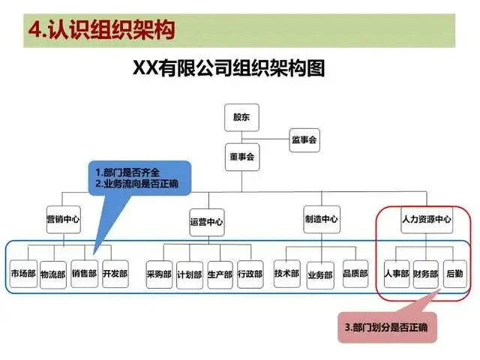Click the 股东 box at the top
pyautogui.click(x=241, y=117)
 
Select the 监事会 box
pyautogui.click(x=304, y=139)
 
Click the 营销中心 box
pyautogui.click(x=63, y=220)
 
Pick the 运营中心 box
pyautogui.click(x=206, y=221)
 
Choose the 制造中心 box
pyautogui.click(x=321, y=220)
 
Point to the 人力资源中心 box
pyautogui.click(x=426, y=220)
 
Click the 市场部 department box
pyautogui.click(x=23, y=274)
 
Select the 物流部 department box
pyautogui.click(x=53, y=274)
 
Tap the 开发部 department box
pyautogui.click(x=115, y=274)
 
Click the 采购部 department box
pyautogui.click(x=159, y=274)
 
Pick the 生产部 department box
pyautogui.click(x=220, y=274)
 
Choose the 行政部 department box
pyautogui.click(x=250, y=274)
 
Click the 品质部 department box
pyautogui.click(x=355, y=273)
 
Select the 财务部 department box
pyautogui.click(x=425, y=273)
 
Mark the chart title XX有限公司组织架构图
pyautogui.click(x=229, y=70)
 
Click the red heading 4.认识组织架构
pyautogui.click(x=101, y=30)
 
